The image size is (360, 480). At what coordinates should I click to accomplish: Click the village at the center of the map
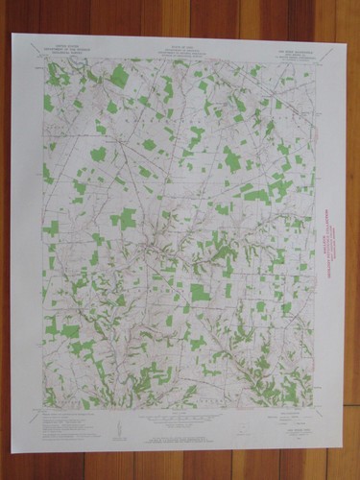tap(146, 252)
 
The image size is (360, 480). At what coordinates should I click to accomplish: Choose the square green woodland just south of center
tap(199, 292)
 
